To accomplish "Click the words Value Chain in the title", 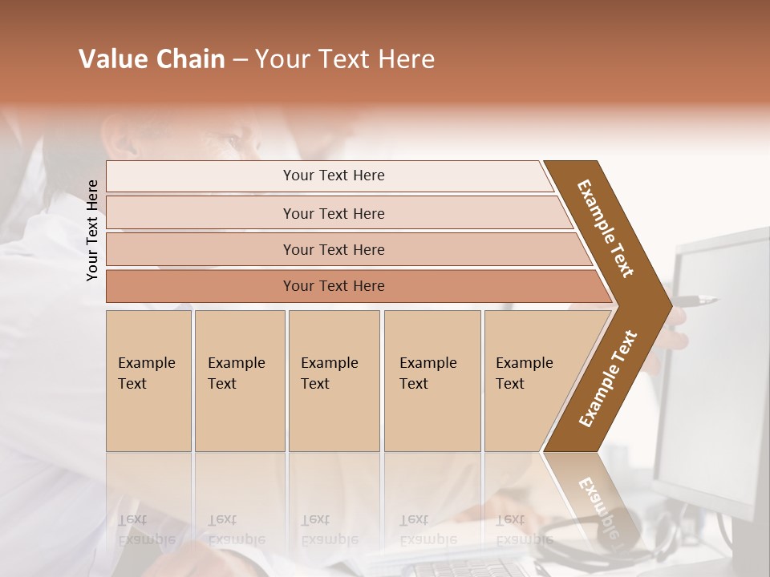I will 152,59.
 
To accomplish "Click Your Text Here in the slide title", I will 345,59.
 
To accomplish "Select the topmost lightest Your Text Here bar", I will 333,176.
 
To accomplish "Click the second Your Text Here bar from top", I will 333,213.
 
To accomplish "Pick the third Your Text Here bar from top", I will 333,249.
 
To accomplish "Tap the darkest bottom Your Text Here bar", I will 333,286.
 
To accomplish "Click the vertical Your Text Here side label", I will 92,230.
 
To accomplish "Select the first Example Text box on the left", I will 148,381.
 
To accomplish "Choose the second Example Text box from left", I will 239,381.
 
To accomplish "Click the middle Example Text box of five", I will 334,381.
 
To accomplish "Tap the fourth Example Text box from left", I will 432,381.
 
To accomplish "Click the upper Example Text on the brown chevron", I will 606,228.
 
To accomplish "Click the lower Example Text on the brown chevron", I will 607,379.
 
